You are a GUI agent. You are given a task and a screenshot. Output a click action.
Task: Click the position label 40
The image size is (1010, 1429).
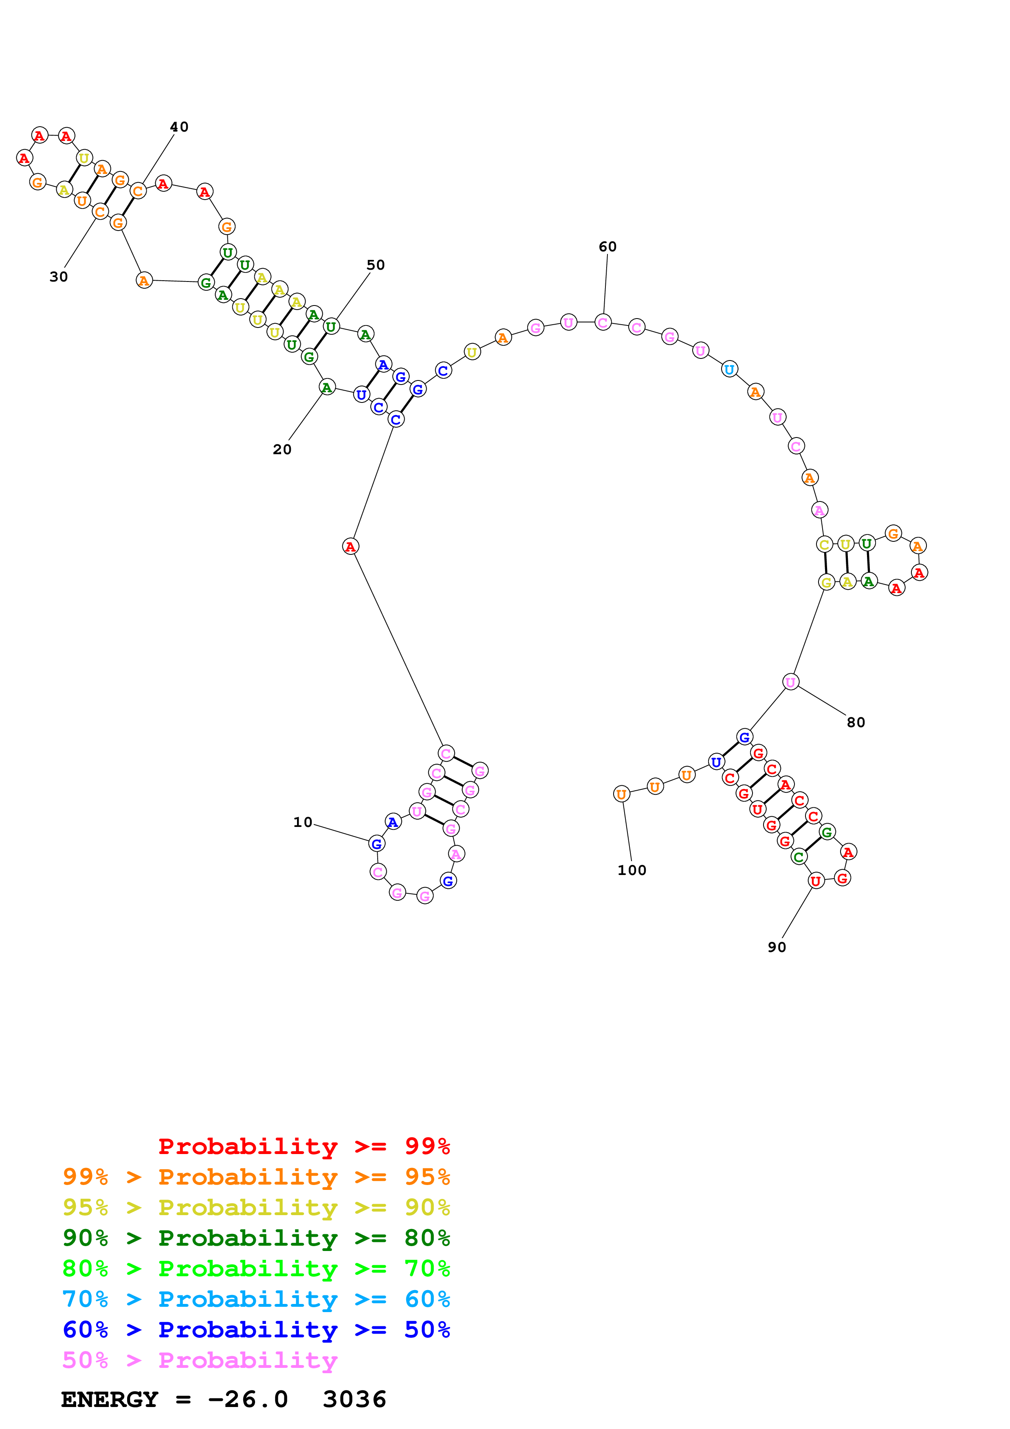point(179,127)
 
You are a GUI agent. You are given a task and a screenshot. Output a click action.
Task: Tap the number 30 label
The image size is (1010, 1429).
point(59,277)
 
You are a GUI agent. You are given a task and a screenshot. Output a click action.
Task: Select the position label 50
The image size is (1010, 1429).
point(375,265)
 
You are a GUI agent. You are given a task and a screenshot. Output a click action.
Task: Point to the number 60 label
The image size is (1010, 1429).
point(607,247)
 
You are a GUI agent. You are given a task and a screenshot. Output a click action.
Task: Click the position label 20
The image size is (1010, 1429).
point(282,449)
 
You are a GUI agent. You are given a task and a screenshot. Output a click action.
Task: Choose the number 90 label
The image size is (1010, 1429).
point(777,947)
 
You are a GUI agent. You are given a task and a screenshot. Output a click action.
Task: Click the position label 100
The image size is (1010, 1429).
point(632,871)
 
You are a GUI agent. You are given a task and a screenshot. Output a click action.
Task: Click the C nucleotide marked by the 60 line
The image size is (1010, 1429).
point(603,322)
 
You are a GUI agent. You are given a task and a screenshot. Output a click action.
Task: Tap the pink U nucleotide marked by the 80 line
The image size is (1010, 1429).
point(790,682)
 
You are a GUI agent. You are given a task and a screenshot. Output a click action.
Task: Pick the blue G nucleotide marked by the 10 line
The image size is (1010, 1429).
point(376,844)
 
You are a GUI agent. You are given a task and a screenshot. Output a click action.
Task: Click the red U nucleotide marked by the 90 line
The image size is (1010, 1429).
point(816,881)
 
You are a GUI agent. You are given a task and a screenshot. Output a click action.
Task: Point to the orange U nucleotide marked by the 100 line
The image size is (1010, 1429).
point(621,794)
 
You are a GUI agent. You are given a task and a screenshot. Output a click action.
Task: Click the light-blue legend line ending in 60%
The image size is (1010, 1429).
point(256,1299)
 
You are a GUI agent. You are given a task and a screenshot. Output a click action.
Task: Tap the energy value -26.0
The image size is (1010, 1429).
point(248,1400)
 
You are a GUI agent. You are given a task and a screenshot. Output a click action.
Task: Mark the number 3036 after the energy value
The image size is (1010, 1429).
point(355,1400)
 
